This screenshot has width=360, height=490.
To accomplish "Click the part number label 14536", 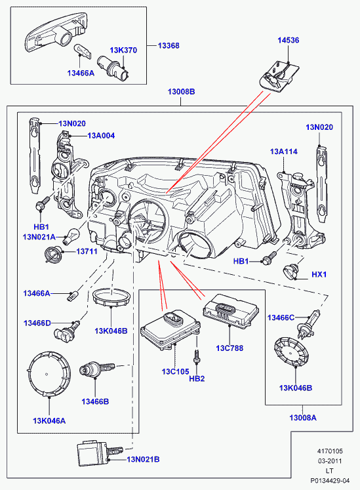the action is pos(288,40).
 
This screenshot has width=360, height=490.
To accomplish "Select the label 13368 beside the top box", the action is pos(169,46).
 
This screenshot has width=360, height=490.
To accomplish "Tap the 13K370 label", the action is pos(123,50).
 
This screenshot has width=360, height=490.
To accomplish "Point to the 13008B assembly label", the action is pos(181,92).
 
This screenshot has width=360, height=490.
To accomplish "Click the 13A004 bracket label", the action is pos(101,136).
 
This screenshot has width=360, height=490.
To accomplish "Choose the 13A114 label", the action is pos(284,152).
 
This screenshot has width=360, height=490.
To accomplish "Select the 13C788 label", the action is pos(230,348).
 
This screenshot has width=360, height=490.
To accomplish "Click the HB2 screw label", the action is pos(197,378).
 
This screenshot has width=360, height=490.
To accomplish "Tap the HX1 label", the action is pos(319,274).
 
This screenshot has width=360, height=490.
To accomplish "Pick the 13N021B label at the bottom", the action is pos(143,459).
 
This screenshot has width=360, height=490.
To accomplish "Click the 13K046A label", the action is pos(49,421).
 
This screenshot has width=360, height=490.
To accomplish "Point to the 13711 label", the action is pos(87,251).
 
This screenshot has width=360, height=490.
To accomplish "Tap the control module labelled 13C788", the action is pos(231,310).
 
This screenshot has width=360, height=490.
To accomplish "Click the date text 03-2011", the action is pos(330,461).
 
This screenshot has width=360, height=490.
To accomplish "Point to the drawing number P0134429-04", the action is pos(330,481).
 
